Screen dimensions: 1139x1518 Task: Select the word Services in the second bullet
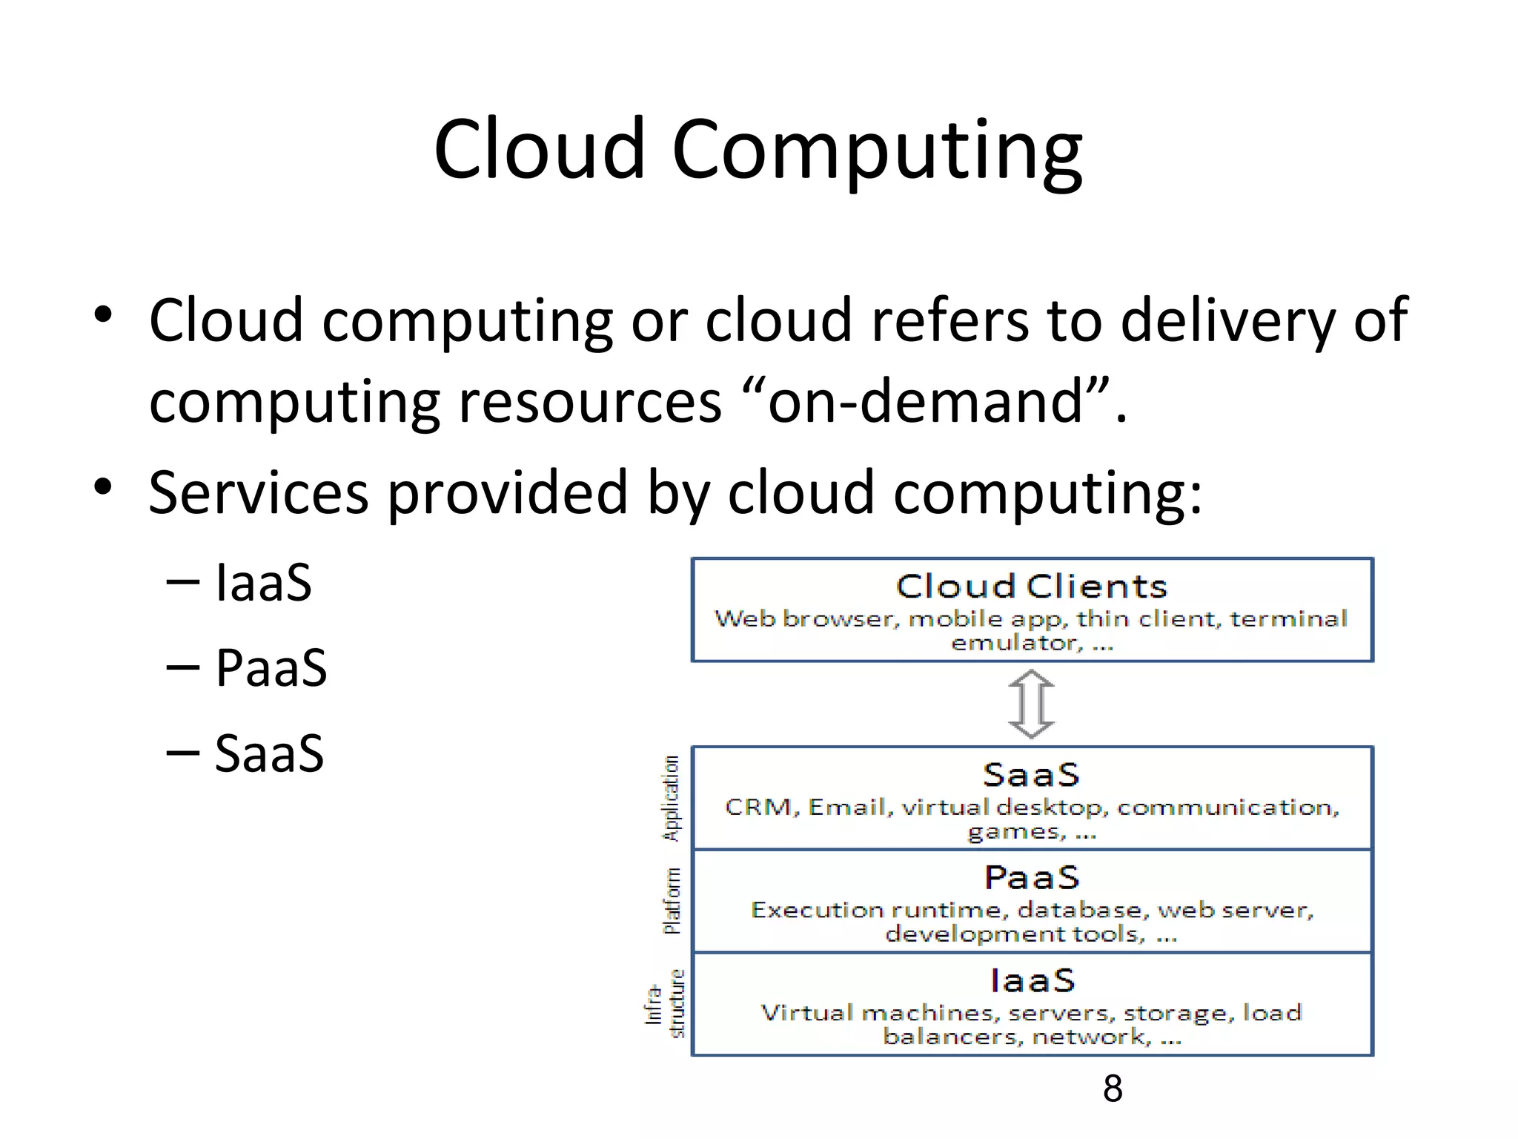point(258,492)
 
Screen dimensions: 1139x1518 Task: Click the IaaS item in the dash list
point(263,583)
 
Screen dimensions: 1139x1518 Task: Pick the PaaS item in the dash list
point(271,667)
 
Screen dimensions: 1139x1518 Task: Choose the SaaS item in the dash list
point(269,753)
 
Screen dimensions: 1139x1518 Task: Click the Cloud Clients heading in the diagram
point(1031,587)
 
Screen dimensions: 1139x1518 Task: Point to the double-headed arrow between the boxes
point(1031,704)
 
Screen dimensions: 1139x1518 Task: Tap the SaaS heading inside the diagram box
point(1031,775)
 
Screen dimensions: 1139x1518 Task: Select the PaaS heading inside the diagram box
point(1031,878)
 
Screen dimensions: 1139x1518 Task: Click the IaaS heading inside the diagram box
point(1032,980)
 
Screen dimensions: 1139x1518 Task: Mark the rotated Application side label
point(671,798)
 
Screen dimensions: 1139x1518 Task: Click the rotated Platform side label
point(672,900)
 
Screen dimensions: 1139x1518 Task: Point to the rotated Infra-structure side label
point(666,1004)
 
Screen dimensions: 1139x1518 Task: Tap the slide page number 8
point(1113,1089)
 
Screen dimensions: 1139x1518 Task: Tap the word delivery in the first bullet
point(1227,320)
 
